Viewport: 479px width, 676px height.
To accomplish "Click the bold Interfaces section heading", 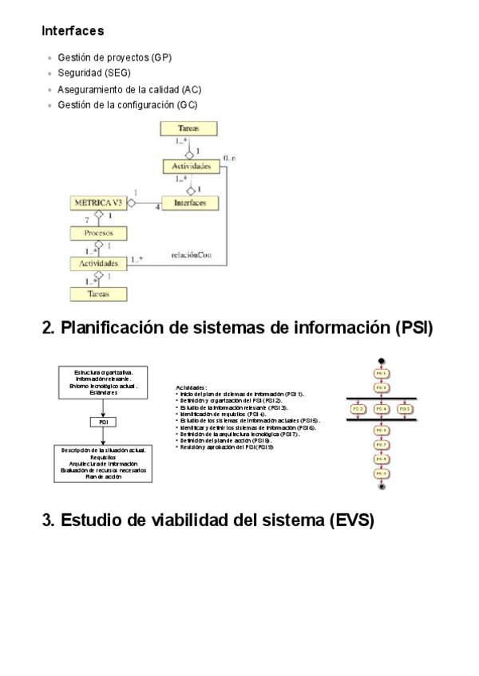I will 73,32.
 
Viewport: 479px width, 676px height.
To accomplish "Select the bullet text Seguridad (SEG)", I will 94,73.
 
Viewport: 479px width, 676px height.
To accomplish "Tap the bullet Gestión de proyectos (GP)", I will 114,58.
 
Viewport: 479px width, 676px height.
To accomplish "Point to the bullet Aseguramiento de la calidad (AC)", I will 129,89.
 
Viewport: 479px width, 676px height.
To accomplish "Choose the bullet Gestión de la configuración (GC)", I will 128,105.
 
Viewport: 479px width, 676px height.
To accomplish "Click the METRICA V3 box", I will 99,204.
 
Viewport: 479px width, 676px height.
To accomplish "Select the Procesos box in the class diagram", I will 99,233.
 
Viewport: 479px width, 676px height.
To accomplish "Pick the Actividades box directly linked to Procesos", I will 99,262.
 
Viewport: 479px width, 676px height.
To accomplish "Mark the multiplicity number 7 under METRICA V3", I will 85,218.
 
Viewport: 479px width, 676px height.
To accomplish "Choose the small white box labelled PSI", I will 103,422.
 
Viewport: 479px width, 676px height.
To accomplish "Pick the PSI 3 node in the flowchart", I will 358,409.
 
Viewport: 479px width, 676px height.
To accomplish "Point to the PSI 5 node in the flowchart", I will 406,409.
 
